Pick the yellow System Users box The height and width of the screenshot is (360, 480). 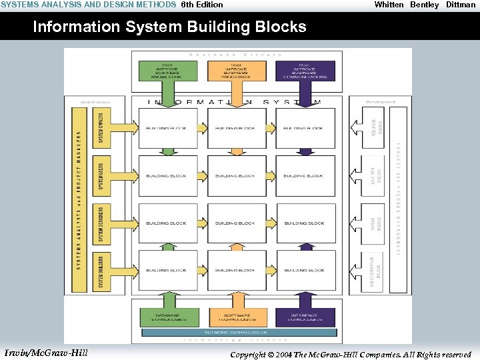click(x=101, y=175)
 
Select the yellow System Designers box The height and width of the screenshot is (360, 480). click(x=101, y=223)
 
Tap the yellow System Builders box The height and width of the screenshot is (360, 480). click(x=101, y=271)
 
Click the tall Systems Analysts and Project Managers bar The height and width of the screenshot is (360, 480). click(x=79, y=200)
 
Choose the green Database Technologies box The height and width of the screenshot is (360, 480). click(x=167, y=317)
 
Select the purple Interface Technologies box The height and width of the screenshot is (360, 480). click(x=305, y=317)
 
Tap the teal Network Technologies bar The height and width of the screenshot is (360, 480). click(x=236, y=332)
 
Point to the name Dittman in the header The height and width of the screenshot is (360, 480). click(x=461, y=5)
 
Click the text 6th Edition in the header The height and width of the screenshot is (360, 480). click(x=202, y=5)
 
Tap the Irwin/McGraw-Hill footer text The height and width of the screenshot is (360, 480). click(x=45, y=352)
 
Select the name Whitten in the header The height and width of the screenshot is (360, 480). click(x=389, y=5)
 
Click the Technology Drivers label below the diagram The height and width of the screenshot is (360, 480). click(x=236, y=340)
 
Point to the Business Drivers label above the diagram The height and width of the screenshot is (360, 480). click(x=236, y=54)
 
